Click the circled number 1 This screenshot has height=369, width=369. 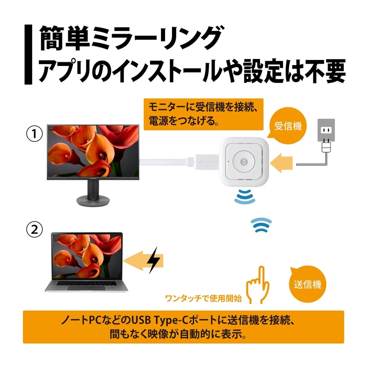click(x=34, y=134)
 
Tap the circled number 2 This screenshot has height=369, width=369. click(x=34, y=229)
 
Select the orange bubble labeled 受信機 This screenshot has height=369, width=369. click(x=288, y=126)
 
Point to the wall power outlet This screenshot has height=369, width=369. click(x=326, y=130)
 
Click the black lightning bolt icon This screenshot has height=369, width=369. click(x=153, y=260)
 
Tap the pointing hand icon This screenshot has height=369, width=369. click(x=258, y=285)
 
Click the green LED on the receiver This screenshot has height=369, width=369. click(x=228, y=161)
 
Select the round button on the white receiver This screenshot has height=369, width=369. click(x=244, y=162)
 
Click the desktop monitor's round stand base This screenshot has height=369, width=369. click(x=93, y=201)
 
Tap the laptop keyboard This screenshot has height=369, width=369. click(x=87, y=283)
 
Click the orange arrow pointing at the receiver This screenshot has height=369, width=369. click(x=281, y=163)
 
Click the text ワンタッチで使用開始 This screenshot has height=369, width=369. click(x=203, y=298)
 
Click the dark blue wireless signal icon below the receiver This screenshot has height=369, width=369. click(x=244, y=196)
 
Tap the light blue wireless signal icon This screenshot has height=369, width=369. click(x=261, y=225)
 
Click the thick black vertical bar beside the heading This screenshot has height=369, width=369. click(x=28, y=54)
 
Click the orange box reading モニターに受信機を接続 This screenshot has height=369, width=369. click(x=203, y=114)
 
